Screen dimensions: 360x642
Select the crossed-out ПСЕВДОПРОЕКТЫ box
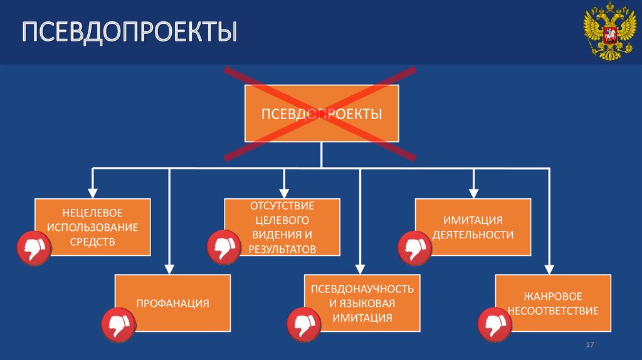tap(321, 114)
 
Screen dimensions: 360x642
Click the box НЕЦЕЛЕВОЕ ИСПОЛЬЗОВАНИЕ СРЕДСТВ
tap(92, 226)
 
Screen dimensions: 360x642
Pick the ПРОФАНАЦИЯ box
tap(172, 303)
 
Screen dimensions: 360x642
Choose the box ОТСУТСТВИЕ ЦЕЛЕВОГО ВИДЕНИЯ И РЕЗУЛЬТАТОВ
tap(283, 226)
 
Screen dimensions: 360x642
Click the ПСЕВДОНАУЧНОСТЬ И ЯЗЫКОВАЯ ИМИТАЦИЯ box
tap(362, 303)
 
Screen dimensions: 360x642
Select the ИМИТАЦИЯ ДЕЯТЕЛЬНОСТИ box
tap(473, 226)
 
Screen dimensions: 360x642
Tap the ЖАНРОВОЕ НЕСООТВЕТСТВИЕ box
tap(553, 303)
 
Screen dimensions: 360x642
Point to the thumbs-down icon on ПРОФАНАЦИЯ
tap(118, 325)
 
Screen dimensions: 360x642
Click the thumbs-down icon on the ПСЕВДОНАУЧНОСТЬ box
tap(305, 325)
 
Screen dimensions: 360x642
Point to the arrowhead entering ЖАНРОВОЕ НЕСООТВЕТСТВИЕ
tap(550, 268)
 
